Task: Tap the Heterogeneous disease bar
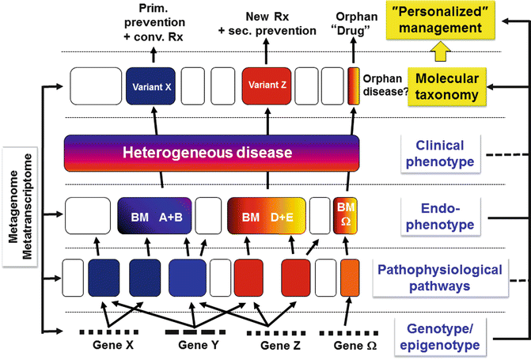(211, 151)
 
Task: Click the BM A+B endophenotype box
(154, 214)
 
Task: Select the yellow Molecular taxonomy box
(446, 85)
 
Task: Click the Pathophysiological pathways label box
(448, 278)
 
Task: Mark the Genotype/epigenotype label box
(439, 335)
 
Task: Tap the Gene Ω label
(347, 345)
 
